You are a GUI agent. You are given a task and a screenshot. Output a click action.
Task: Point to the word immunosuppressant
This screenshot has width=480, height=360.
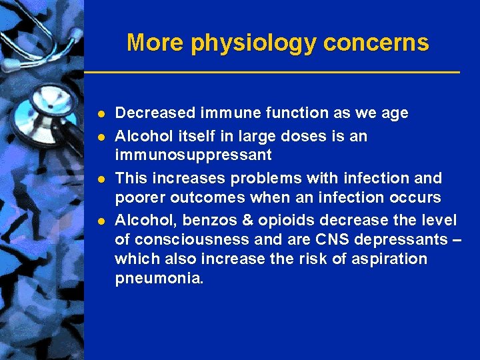pos(193,155)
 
